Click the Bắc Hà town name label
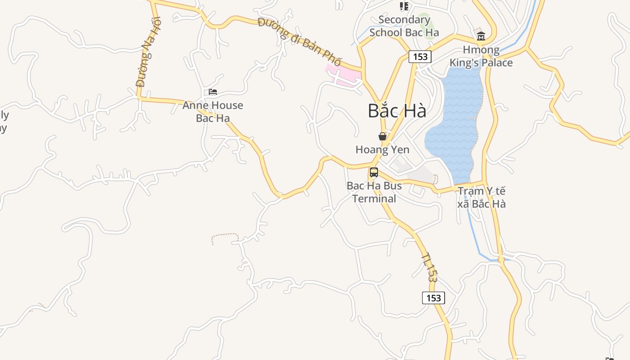[396, 111]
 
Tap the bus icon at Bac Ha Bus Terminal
[373, 172]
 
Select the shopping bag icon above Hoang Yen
[382, 136]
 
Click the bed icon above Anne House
[213, 92]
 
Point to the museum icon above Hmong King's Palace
[481, 36]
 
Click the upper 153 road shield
[420, 57]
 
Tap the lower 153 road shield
[433, 298]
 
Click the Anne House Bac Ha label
[213, 112]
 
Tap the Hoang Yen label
[382, 149]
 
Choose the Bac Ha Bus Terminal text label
[374, 192]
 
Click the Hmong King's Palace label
[481, 56]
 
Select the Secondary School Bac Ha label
[404, 26]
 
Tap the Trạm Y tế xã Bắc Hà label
[481, 198]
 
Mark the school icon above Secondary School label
[404, 6]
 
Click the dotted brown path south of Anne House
[225, 235]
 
